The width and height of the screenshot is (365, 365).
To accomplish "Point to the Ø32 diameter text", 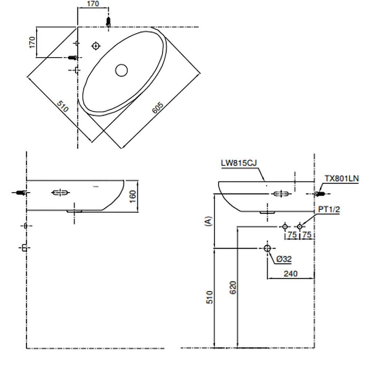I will [x=284, y=259].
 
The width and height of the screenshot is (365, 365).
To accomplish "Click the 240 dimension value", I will [x=291, y=273].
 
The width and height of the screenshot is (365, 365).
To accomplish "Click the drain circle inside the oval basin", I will [x=121, y=70].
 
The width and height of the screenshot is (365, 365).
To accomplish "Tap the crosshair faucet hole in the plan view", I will [x=96, y=46].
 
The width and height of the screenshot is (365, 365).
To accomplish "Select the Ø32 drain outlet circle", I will [x=267, y=248].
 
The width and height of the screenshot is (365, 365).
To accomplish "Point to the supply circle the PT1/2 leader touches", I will [x=300, y=227].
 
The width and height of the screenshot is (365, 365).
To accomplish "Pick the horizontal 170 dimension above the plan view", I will [x=93, y=4].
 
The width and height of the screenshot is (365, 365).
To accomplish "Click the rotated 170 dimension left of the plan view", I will [x=32, y=42].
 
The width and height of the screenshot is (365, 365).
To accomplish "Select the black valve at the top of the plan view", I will [x=108, y=22].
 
